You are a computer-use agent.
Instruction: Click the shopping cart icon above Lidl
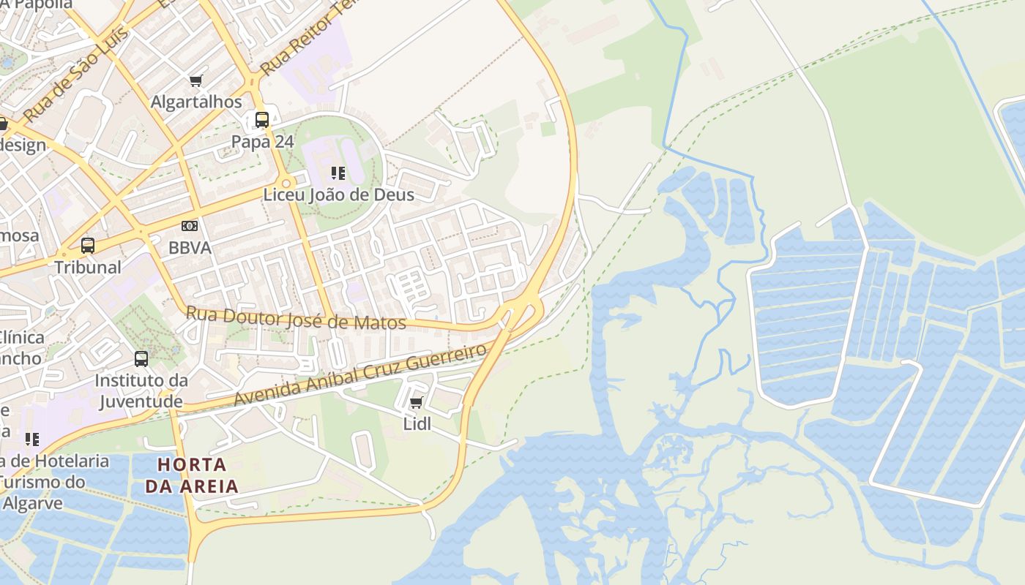point(417,403)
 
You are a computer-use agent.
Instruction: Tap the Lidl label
point(417,424)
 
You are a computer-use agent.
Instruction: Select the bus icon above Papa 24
point(262,120)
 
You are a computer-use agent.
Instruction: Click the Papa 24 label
point(262,142)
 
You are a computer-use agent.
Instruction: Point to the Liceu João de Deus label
point(338,195)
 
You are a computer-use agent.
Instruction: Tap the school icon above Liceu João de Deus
point(338,173)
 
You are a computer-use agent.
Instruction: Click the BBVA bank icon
point(190,226)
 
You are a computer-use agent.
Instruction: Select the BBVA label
point(190,248)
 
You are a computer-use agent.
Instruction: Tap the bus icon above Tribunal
point(88,246)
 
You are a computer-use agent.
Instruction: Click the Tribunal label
point(88,267)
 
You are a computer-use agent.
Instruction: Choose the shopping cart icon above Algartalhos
point(195,80)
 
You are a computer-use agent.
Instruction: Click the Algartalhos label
point(196,102)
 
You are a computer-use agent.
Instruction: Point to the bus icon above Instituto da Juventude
point(141,359)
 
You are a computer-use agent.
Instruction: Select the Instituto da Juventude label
point(141,390)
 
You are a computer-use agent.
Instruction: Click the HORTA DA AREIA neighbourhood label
point(192,475)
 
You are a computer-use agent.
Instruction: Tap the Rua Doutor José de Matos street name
point(296,318)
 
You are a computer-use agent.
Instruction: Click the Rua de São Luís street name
point(75,74)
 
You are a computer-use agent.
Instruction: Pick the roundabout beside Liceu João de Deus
point(286,184)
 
